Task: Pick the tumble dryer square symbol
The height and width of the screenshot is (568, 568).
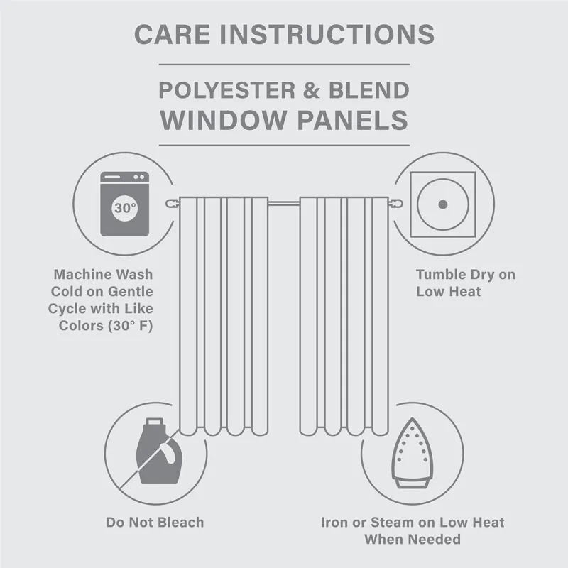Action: click(x=442, y=203)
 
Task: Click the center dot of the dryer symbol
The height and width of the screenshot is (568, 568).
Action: click(x=442, y=204)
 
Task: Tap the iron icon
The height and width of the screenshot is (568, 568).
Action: click(x=412, y=454)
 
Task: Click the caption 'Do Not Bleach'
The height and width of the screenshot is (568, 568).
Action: click(x=155, y=523)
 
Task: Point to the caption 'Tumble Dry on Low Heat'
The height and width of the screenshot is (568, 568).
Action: click(x=465, y=283)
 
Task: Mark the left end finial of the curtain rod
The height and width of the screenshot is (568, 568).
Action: click(x=171, y=204)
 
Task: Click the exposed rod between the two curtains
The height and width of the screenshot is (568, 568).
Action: click(x=283, y=204)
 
